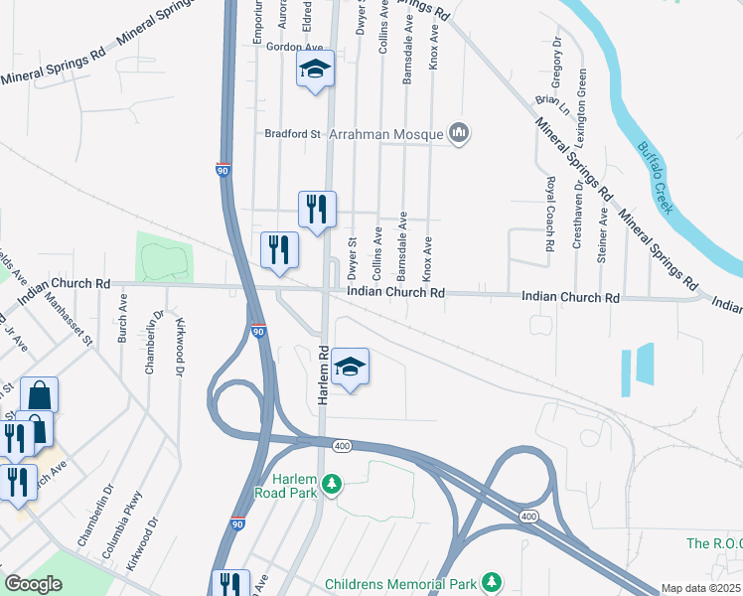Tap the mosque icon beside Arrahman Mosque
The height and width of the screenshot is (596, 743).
pyautogui.click(x=459, y=132)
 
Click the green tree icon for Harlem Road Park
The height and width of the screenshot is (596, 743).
pyautogui.click(x=334, y=484)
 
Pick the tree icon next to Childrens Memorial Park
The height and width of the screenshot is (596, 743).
pyautogui.click(x=489, y=580)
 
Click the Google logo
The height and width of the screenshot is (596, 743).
pyautogui.click(x=33, y=584)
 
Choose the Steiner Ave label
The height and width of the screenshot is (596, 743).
pyautogui.click(x=603, y=234)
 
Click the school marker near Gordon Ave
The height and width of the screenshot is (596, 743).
pyautogui.click(x=315, y=69)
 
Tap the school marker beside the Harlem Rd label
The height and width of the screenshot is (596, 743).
pyautogui.click(x=350, y=368)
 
